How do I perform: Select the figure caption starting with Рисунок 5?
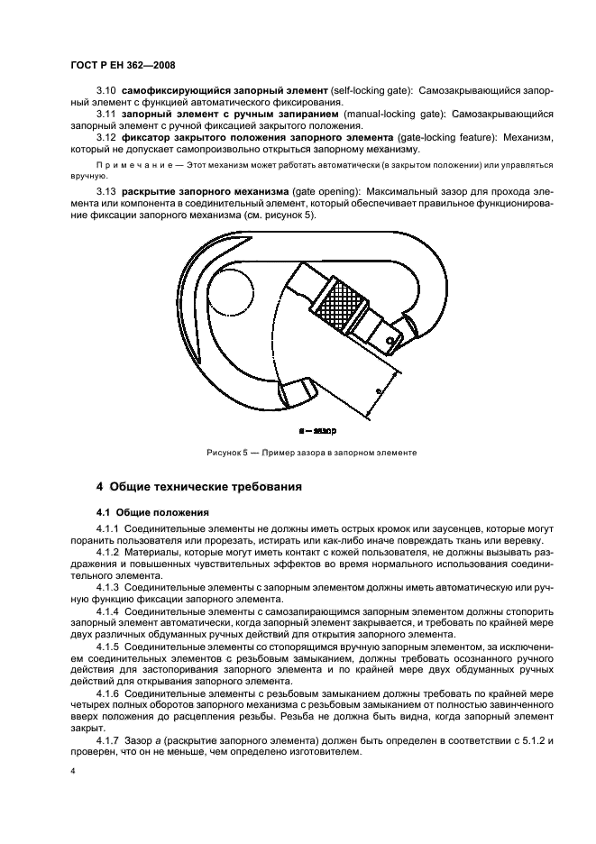tap(310, 453)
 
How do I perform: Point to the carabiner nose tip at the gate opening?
tap(302, 394)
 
